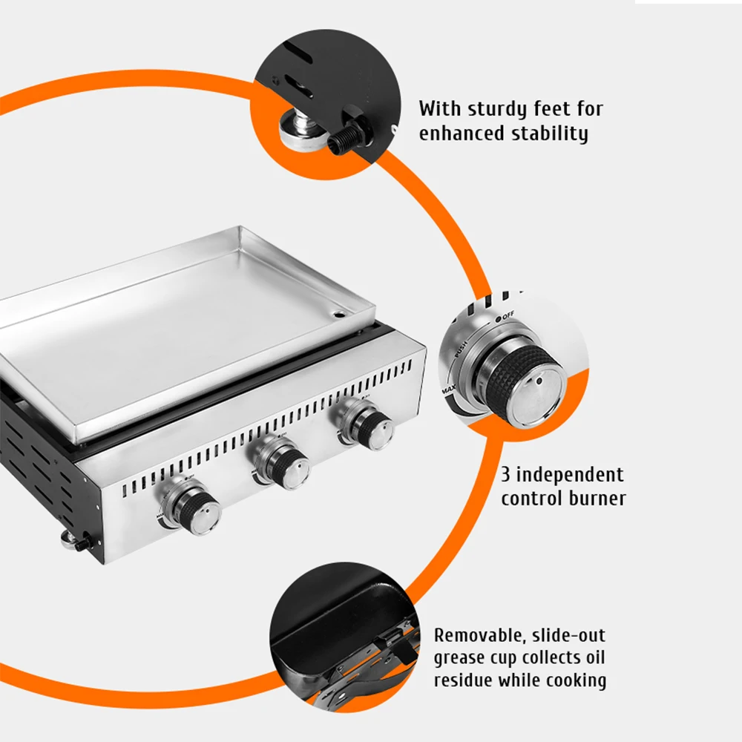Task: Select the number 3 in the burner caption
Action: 505,474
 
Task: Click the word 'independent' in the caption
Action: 570,474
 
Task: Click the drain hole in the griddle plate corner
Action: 340,314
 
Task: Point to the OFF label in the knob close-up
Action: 505,316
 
